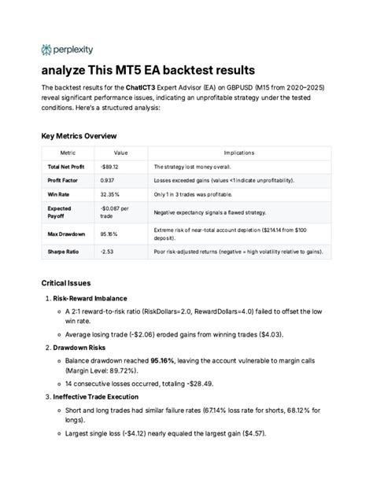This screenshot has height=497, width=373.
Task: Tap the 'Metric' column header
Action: click(x=57, y=153)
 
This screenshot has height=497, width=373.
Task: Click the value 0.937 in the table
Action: click(x=109, y=180)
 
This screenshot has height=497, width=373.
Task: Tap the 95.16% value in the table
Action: click(x=109, y=234)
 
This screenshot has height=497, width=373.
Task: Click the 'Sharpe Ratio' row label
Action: click(x=62, y=252)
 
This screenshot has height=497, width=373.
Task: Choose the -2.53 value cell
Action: click(x=107, y=252)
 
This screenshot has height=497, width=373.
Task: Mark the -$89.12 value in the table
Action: click(x=110, y=167)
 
